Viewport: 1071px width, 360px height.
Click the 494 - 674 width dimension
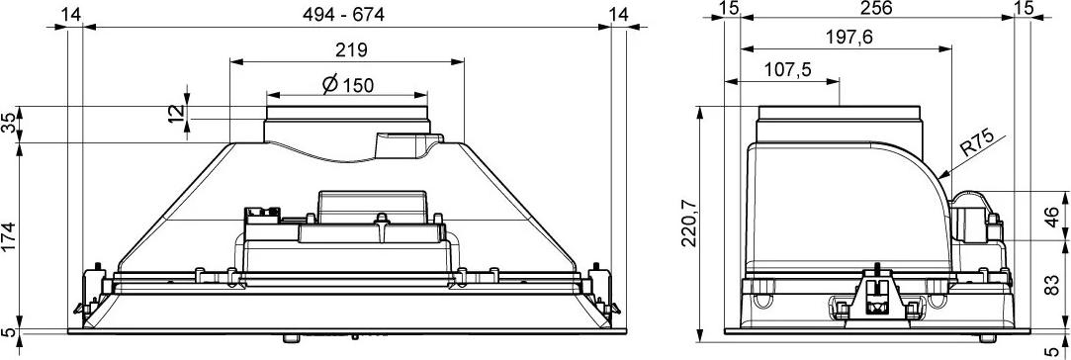pyautogui.click(x=344, y=14)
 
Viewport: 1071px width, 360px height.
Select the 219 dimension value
pyautogui.click(x=351, y=49)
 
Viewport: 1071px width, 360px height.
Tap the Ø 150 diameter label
pyautogui.click(x=348, y=85)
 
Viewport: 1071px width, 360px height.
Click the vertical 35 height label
pyautogui.click(x=8, y=124)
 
